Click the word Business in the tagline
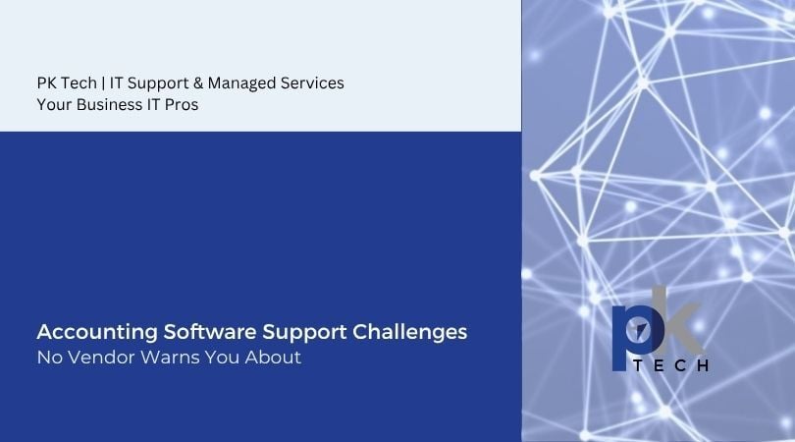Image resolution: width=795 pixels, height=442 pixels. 107,105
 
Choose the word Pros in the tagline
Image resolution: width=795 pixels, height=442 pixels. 181,105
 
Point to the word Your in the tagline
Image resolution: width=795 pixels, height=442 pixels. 54,105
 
